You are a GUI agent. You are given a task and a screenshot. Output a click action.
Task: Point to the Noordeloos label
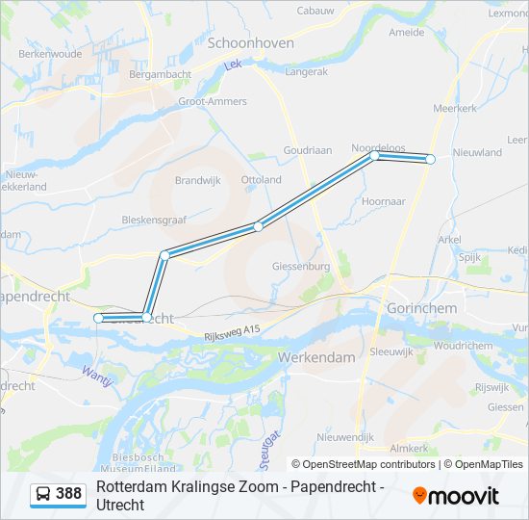[x=378, y=147]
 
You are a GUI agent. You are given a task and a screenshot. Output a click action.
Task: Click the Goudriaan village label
[x=307, y=150]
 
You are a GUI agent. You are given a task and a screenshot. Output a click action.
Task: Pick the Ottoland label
[x=262, y=180]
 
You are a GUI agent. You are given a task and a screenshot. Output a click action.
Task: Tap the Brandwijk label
[x=197, y=180]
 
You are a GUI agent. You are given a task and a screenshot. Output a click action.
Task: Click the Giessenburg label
[x=302, y=266]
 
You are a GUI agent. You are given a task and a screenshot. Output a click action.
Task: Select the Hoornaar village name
[x=384, y=201]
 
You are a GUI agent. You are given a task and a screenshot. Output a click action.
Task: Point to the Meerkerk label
[x=455, y=109]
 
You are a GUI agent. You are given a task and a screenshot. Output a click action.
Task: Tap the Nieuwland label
[x=477, y=152]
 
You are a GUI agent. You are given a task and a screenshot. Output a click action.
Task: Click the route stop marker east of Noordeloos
[x=431, y=159]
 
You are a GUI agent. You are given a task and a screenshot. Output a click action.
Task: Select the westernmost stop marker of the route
[x=98, y=318]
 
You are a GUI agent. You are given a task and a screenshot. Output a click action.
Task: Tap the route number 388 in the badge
[x=69, y=494]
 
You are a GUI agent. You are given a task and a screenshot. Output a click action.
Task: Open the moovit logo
[x=456, y=495]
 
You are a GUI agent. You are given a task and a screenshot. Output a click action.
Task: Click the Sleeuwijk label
[x=390, y=351]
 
